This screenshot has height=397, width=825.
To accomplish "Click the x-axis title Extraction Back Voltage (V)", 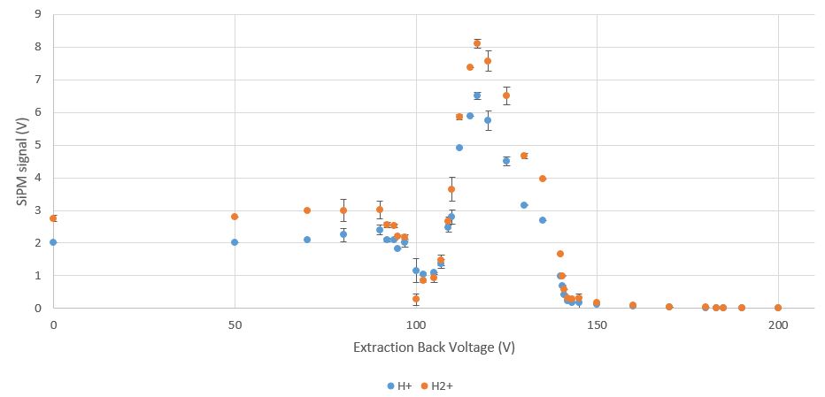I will pyautogui.click(x=434, y=347).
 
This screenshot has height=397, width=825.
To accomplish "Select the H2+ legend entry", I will pyautogui.click(x=437, y=386).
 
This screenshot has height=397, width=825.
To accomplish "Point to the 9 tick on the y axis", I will pyautogui.click(x=36, y=14).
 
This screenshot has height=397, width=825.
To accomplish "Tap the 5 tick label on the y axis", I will pyautogui.click(x=36, y=145).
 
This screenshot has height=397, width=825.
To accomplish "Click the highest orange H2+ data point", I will pyautogui.click(x=477, y=42).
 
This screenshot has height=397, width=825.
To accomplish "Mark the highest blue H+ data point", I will pyautogui.click(x=477, y=95).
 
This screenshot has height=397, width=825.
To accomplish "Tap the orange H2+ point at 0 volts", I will pyautogui.click(x=53, y=218).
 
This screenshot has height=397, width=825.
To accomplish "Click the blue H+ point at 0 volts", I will pyautogui.click(x=53, y=242).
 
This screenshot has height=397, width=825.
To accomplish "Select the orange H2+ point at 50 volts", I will pyautogui.click(x=235, y=217).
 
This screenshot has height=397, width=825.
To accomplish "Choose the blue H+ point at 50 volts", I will pyautogui.click(x=235, y=242).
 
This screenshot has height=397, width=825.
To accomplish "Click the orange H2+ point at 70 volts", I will pyautogui.click(x=307, y=210).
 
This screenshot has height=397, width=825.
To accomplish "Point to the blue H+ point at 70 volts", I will pyautogui.click(x=307, y=240).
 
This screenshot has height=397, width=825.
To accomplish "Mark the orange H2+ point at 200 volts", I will pyautogui.click(x=778, y=308).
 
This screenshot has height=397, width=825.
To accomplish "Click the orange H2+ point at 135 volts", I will pyautogui.click(x=543, y=179).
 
